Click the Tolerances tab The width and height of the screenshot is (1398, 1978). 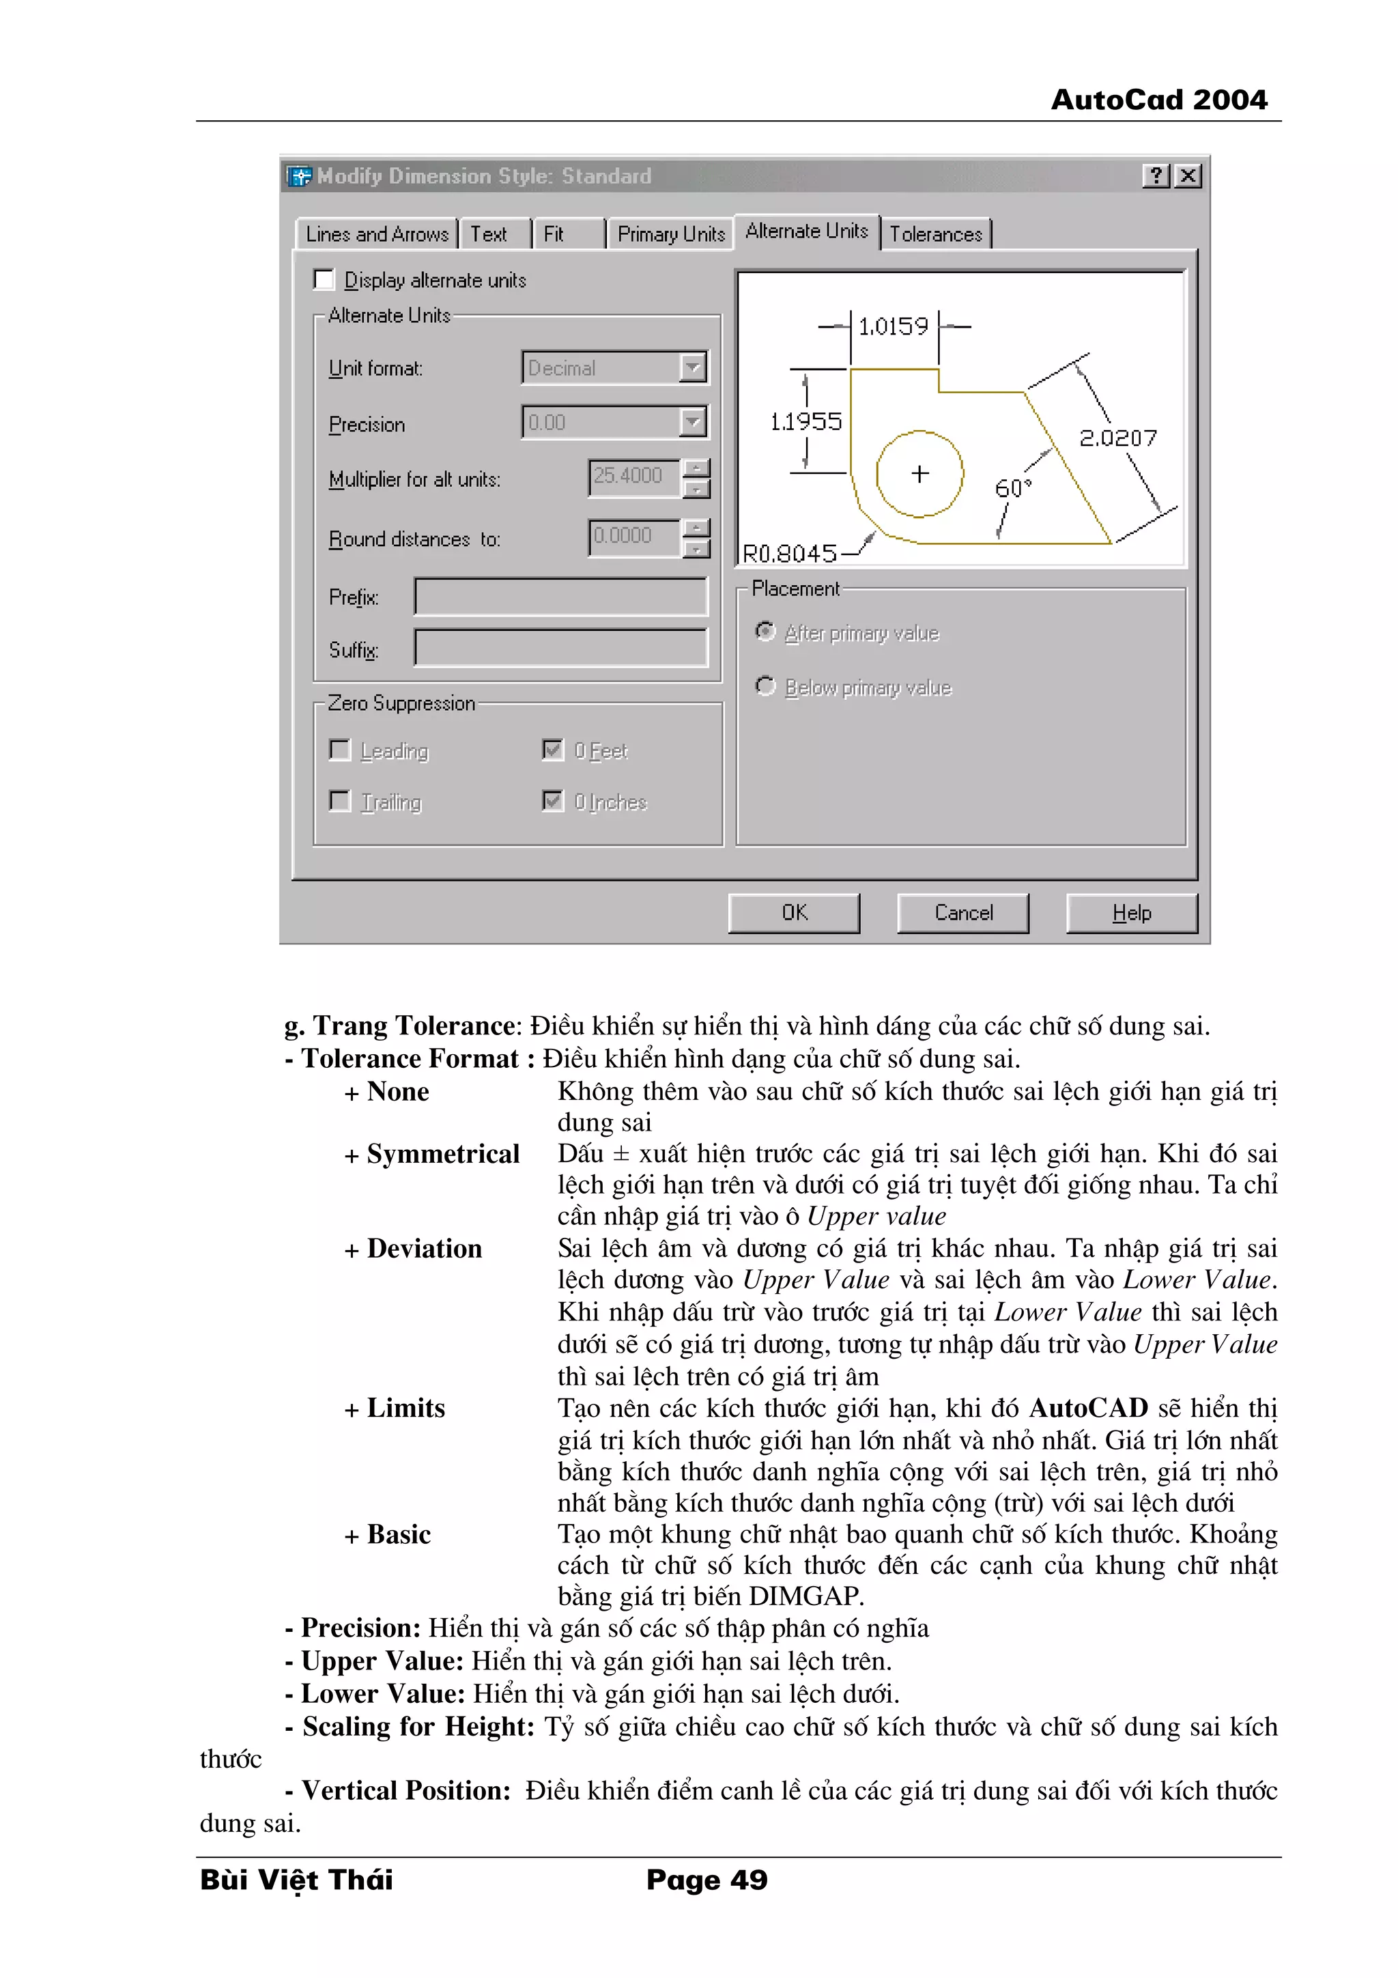[x=935, y=234]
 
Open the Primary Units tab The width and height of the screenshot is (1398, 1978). [x=670, y=234]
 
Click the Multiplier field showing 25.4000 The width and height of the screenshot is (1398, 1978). [x=633, y=477]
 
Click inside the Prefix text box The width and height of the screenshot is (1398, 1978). [x=560, y=597]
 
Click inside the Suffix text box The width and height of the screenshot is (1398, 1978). [x=560, y=649]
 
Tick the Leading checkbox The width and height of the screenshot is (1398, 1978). [x=340, y=750]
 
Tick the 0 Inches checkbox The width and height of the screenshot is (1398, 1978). [x=553, y=801]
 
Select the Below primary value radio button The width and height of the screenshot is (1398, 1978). [x=765, y=687]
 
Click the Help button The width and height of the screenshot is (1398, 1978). [x=1131, y=913]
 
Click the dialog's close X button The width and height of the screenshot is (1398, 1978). [x=1188, y=175]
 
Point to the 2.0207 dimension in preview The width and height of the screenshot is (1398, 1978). [x=1117, y=438]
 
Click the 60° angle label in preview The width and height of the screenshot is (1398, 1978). [x=1012, y=488]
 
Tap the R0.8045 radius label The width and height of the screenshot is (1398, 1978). [x=789, y=553]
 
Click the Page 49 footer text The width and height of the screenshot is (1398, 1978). [x=707, y=1880]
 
